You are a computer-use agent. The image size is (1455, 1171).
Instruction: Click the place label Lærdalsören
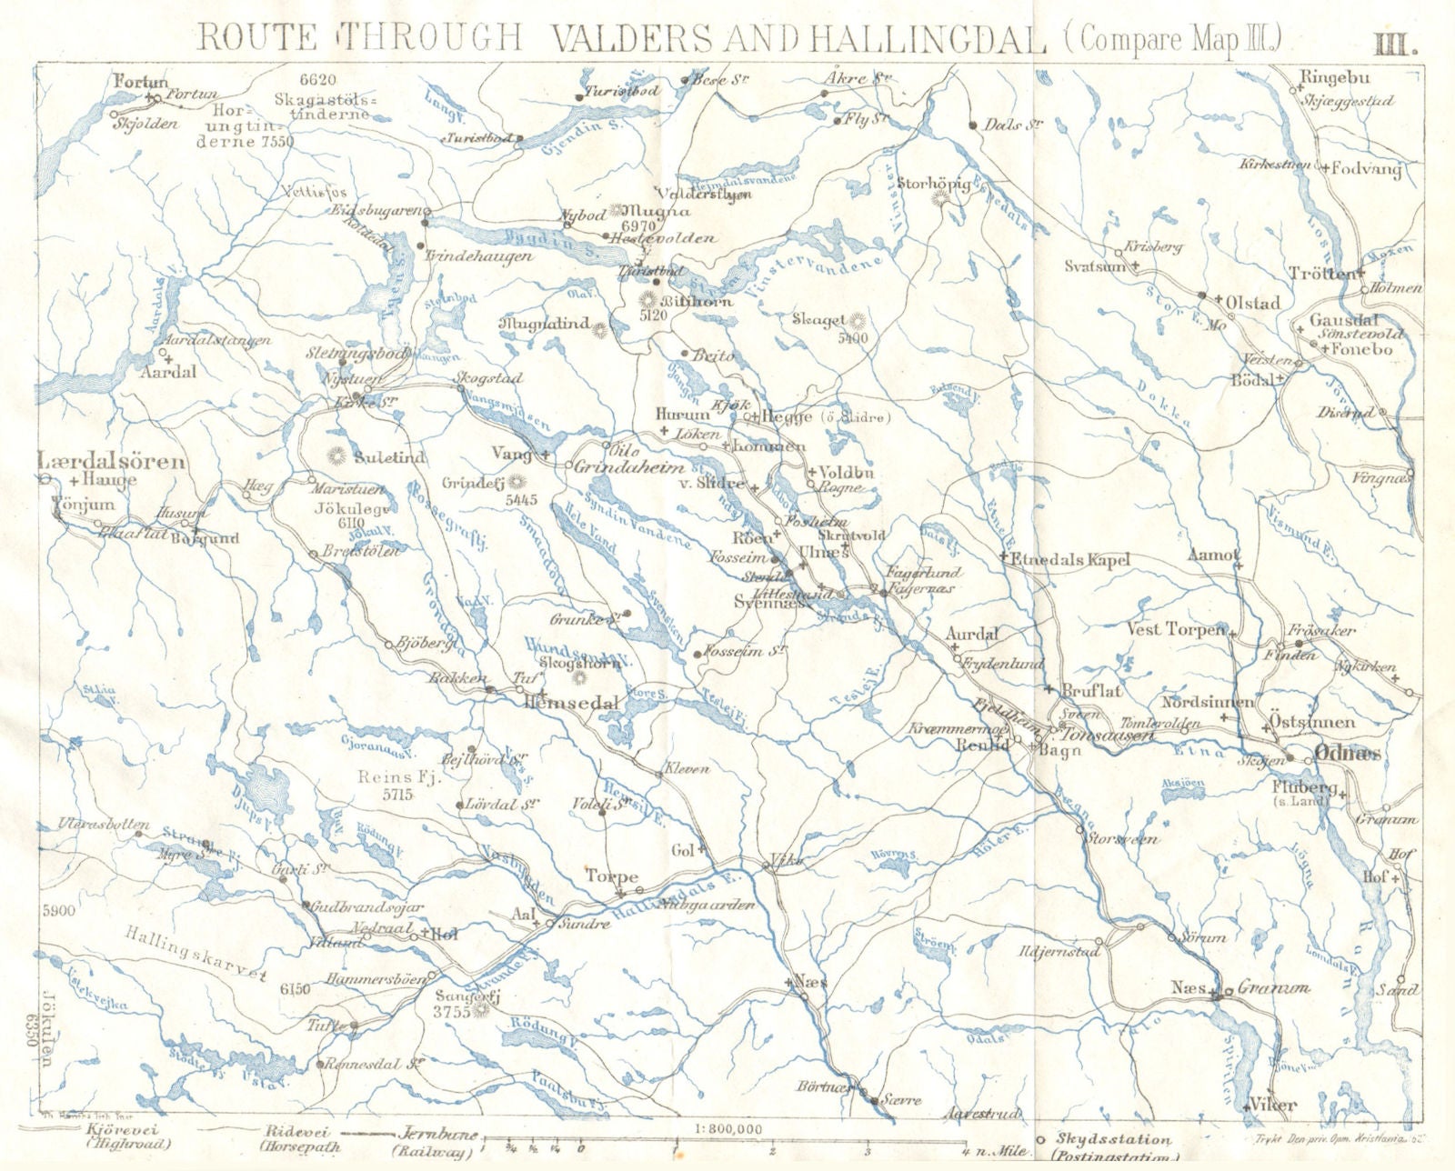click(112, 462)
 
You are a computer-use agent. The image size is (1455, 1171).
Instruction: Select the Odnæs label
click(1347, 753)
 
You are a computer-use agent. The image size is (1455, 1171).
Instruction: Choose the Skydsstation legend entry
click(1100, 1139)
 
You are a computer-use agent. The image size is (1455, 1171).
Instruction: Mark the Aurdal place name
click(972, 634)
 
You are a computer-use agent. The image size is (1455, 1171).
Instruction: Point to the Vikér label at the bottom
click(1272, 1106)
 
